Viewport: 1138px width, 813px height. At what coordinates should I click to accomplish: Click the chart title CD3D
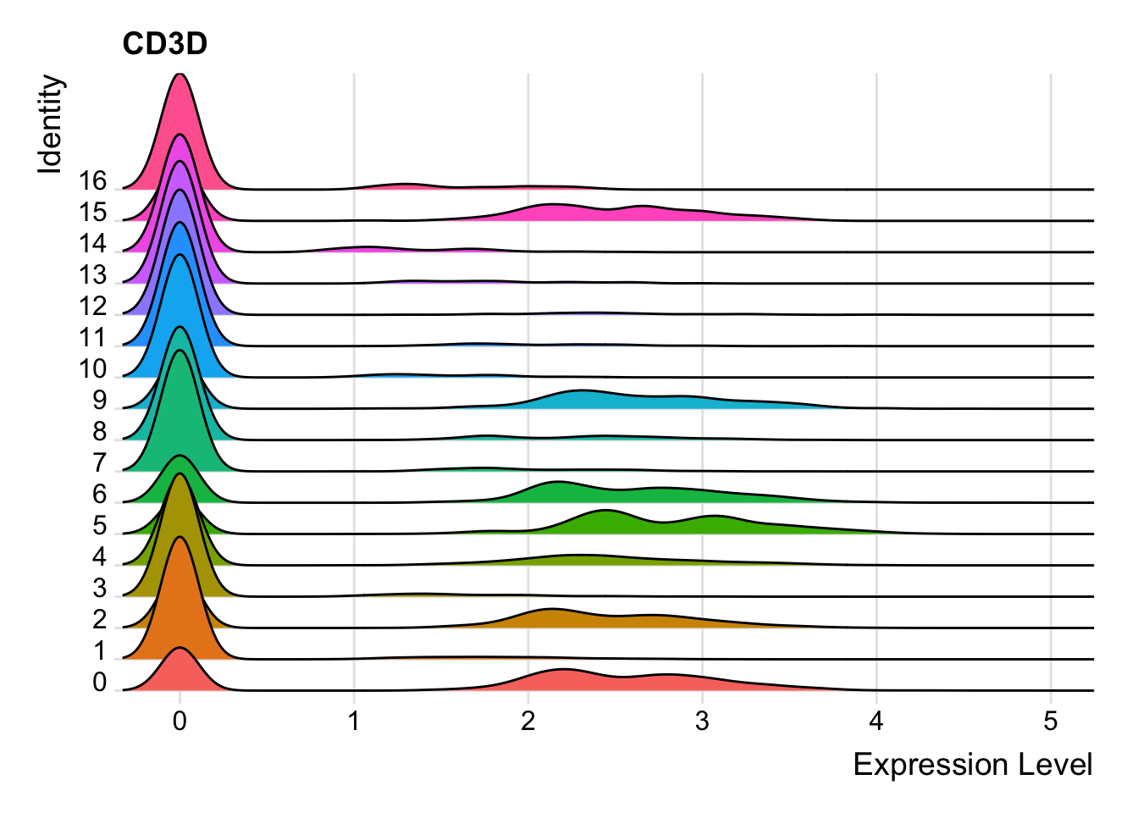pyautogui.click(x=164, y=44)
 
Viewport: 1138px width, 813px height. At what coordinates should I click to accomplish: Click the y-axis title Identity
pyautogui.click(x=51, y=124)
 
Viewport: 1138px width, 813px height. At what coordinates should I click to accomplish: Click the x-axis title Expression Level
pyautogui.click(x=972, y=765)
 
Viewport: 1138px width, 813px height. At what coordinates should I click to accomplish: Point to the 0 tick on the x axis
pyautogui.click(x=180, y=721)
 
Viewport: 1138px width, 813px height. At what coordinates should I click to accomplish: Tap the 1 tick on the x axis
pyautogui.click(x=354, y=721)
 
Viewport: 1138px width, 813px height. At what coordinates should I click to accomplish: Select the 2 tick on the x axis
pyautogui.click(x=528, y=721)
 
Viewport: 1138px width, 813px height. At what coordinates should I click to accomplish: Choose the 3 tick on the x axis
pyautogui.click(x=702, y=721)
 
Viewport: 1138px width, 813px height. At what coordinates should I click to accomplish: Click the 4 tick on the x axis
pyautogui.click(x=876, y=721)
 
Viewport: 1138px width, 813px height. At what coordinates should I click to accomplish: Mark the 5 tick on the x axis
pyautogui.click(x=1051, y=721)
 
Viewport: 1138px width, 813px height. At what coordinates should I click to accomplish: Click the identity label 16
pyautogui.click(x=93, y=181)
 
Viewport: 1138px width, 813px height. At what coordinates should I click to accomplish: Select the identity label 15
pyautogui.click(x=93, y=213)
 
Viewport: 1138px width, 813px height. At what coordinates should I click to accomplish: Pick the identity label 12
pyautogui.click(x=93, y=307)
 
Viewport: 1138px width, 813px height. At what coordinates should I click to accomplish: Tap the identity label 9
pyautogui.click(x=100, y=401)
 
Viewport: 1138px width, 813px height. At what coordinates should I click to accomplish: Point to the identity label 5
pyautogui.click(x=100, y=526)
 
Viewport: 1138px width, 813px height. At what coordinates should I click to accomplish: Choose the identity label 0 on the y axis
pyautogui.click(x=100, y=683)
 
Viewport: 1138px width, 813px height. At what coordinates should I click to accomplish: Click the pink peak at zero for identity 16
pyautogui.click(x=180, y=127)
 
